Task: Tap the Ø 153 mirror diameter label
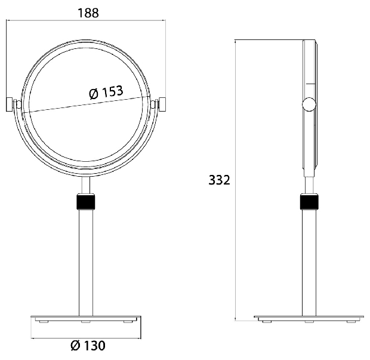[106, 93]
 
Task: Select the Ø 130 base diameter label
[88, 346]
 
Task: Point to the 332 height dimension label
[219, 180]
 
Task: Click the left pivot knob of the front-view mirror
[10, 104]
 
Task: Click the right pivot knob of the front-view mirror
[162, 104]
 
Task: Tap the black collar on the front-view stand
[86, 202]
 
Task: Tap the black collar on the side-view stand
[309, 202]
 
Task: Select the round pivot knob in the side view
[309, 104]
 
